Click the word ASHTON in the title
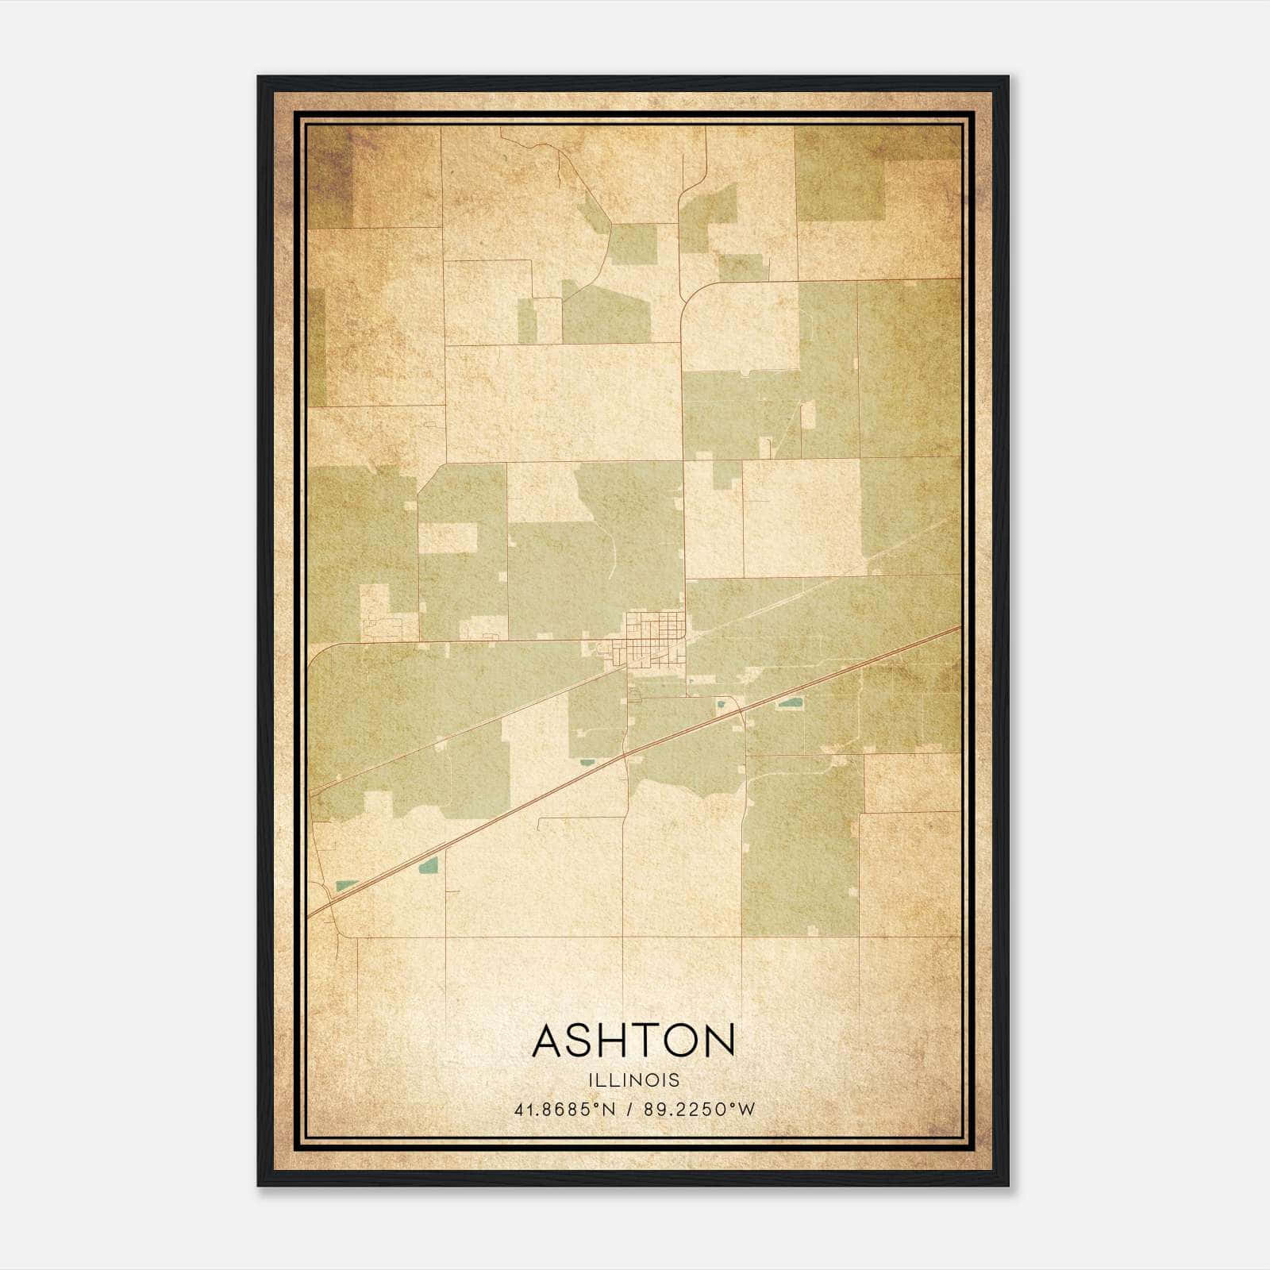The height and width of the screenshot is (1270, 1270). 633,1041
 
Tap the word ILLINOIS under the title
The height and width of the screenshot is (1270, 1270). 633,1080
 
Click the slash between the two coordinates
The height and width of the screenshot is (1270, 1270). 630,1110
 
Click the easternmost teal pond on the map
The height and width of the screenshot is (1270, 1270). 789,702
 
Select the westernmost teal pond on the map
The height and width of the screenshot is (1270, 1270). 345,885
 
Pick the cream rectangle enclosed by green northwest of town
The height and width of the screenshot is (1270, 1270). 447,537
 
